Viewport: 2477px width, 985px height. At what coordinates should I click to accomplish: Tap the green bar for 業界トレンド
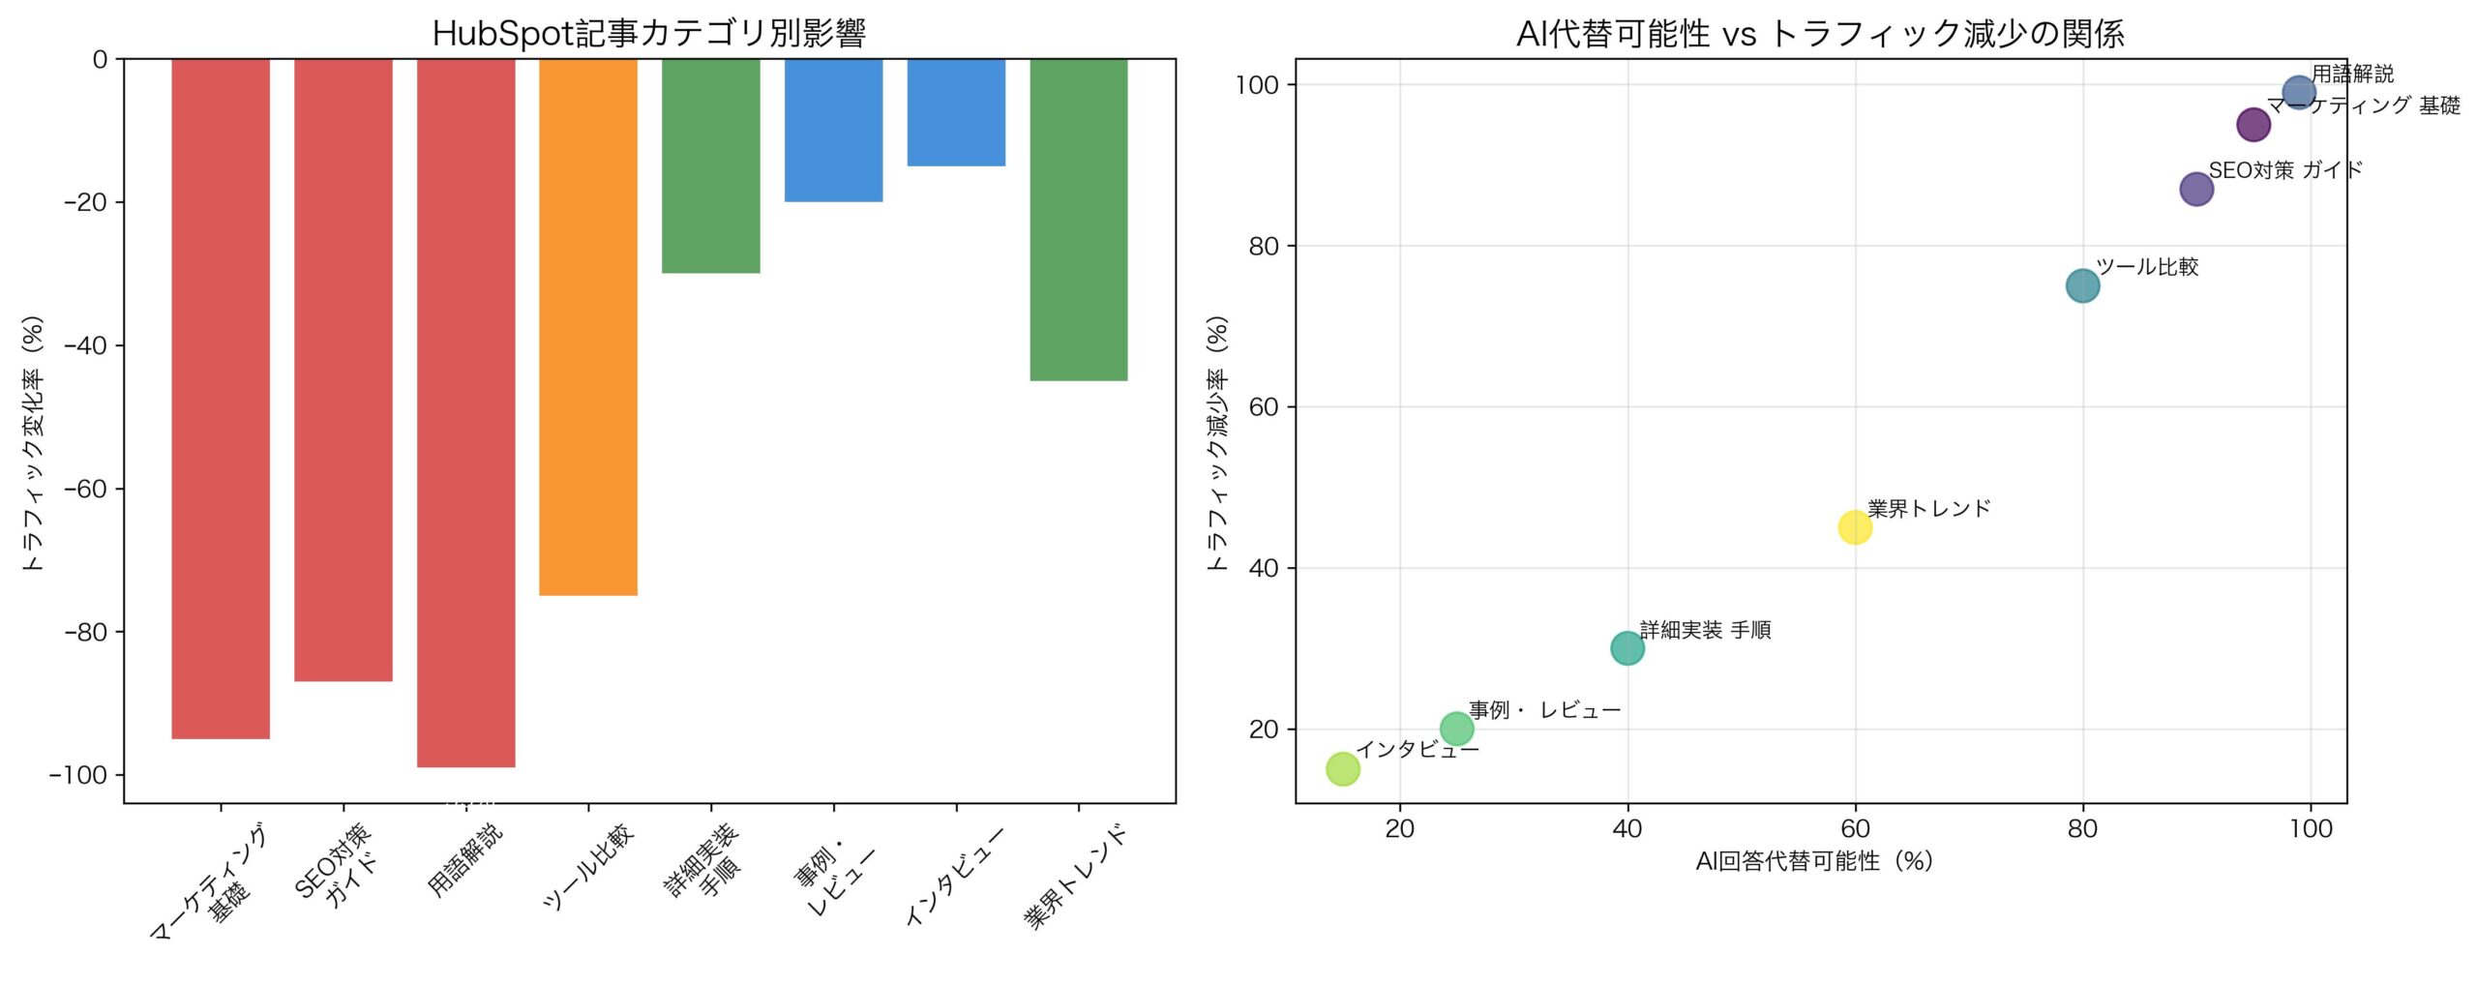pyautogui.click(x=1079, y=220)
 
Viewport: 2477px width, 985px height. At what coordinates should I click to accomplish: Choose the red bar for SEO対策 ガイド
pyautogui.click(x=343, y=370)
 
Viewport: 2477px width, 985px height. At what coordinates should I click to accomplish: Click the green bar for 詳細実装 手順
pyautogui.click(x=711, y=165)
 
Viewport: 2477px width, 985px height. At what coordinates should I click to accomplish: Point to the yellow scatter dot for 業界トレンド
pyautogui.click(x=1855, y=527)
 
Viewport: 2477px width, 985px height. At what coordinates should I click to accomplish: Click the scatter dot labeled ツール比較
pyautogui.click(x=2083, y=285)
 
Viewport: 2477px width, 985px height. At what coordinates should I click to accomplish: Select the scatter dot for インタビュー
pyautogui.click(x=1343, y=769)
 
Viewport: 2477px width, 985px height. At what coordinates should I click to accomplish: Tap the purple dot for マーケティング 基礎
pyautogui.click(x=2253, y=124)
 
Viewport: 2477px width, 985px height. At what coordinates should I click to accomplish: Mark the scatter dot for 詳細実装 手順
pyautogui.click(x=1627, y=648)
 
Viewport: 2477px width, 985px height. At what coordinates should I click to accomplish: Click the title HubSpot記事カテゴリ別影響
pyautogui.click(x=648, y=34)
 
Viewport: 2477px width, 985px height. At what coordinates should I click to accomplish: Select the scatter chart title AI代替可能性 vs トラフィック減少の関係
pyautogui.click(x=1820, y=34)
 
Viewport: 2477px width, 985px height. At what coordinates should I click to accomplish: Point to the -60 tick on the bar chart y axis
pyautogui.click(x=85, y=489)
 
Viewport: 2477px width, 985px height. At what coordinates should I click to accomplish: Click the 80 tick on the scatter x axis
pyautogui.click(x=2083, y=828)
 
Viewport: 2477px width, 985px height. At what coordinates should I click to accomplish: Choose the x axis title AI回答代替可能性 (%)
pyautogui.click(x=1814, y=861)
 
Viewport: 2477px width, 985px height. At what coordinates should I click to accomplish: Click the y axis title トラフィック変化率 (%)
pyautogui.click(x=34, y=442)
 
